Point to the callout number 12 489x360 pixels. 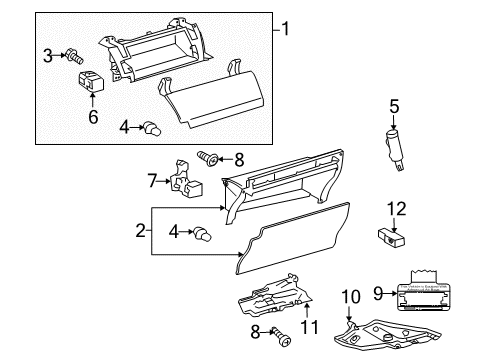(397, 208)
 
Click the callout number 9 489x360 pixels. (377, 292)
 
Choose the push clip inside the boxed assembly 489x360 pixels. (154, 127)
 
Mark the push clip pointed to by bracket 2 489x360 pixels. (203, 235)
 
